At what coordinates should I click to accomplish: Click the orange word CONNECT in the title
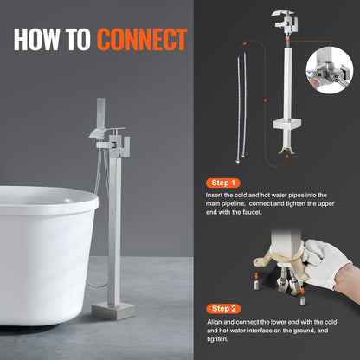[141, 39]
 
